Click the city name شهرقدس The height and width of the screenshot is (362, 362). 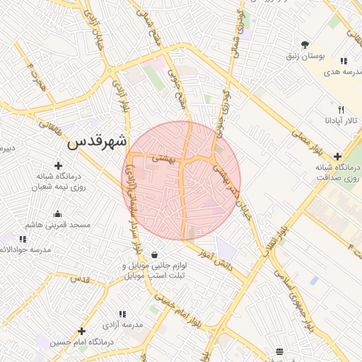pyautogui.click(x=97, y=141)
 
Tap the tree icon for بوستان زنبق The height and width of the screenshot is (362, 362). pyautogui.click(x=305, y=44)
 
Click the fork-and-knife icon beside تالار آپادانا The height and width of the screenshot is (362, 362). pyautogui.click(x=341, y=110)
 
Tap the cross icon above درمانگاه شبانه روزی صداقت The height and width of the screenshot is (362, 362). pyautogui.click(x=337, y=156)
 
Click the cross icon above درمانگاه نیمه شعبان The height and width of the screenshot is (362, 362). pyautogui.click(x=58, y=165)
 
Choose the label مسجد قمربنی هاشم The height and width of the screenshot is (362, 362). pyautogui.click(x=58, y=224)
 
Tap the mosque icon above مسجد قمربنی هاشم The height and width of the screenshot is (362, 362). pyautogui.click(x=57, y=214)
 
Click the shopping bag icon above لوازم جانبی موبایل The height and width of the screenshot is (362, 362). pyautogui.click(x=154, y=255)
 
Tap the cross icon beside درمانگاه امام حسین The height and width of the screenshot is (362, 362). pyautogui.click(x=82, y=331)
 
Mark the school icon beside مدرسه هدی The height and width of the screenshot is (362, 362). pyautogui.click(x=344, y=62)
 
